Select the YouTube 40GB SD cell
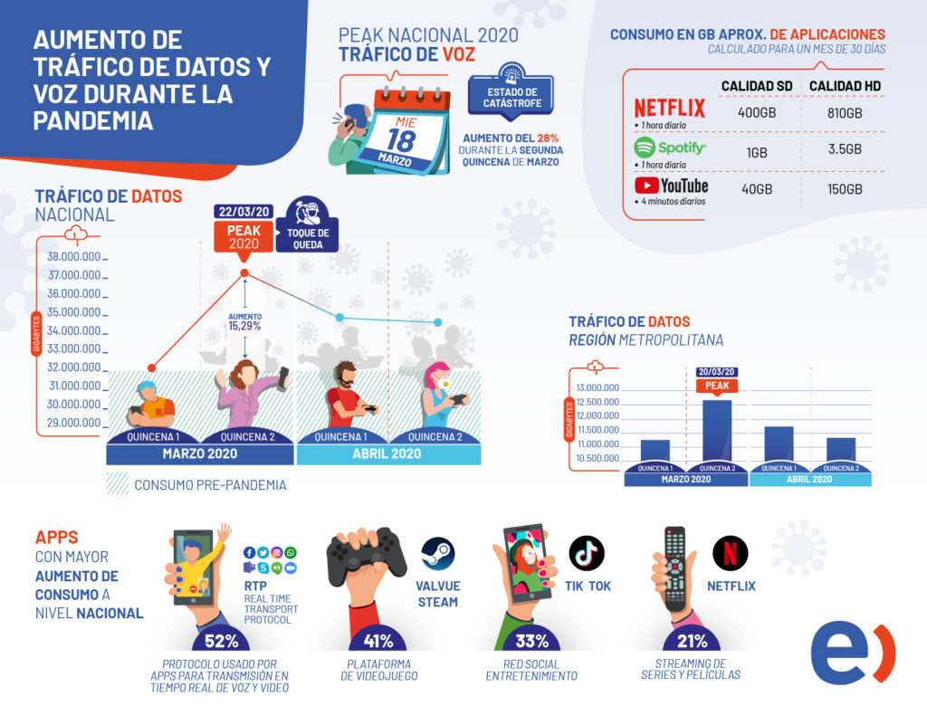click(x=757, y=189)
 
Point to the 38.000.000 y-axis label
click(x=74, y=256)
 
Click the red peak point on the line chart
click(x=244, y=272)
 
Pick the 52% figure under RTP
click(x=221, y=641)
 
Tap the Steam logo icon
click(x=438, y=552)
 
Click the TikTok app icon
click(x=587, y=552)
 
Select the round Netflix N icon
click(x=730, y=552)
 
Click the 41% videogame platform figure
click(x=378, y=641)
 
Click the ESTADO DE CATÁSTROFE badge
click(x=511, y=97)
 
